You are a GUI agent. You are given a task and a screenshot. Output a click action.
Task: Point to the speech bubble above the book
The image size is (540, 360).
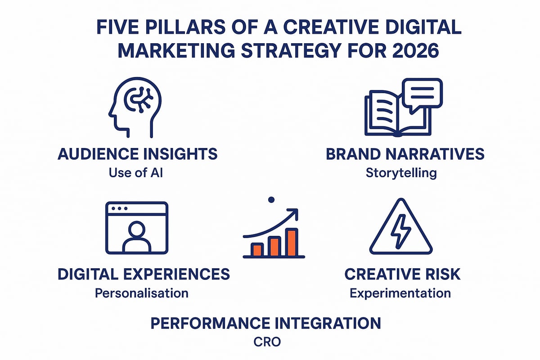coord(422,94)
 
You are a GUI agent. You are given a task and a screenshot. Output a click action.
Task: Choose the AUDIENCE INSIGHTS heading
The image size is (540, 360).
coord(138,154)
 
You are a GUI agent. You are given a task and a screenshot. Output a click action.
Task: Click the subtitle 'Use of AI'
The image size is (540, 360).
coord(136,172)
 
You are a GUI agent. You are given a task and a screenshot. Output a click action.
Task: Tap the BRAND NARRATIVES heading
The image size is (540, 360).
coord(405,154)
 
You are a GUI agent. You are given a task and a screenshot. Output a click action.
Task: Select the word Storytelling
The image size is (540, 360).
coord(401,173)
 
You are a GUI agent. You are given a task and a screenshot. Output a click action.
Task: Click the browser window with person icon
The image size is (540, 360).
coord(136,227)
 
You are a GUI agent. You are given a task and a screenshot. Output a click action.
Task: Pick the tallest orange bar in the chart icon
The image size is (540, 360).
coord(292,242)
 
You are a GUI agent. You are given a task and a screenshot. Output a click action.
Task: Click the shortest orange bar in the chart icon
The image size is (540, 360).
coord(257,249)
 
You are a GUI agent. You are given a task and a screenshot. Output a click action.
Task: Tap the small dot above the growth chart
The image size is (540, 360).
coord(270,199)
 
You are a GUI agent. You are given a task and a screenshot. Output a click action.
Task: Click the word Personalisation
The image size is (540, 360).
coord(141,293)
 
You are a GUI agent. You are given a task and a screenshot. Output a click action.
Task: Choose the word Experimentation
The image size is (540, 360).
coord(400,293)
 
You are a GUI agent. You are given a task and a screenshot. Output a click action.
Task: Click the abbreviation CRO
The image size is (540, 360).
coord(267,342)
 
